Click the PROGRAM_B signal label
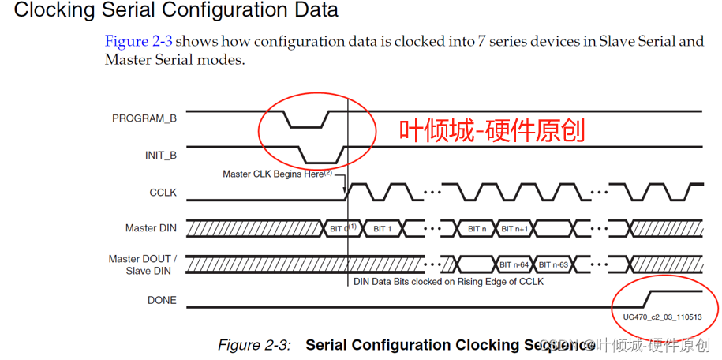click(144, 118)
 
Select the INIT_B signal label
click(160, 155)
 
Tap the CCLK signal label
click(163, 192)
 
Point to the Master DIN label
click(151, 228)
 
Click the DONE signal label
click(162, 300)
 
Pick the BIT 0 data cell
click(342, 228)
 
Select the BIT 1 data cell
click(383, 228)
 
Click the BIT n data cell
click(477, 228)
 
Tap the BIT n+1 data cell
click(514, 228)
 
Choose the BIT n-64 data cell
click(514, 264)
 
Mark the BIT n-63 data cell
click(555, 264)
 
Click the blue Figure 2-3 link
click(138, 41)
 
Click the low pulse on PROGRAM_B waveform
click(305, 126)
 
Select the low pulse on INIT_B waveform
click(320, 161)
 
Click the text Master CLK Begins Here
click(273, 174)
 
